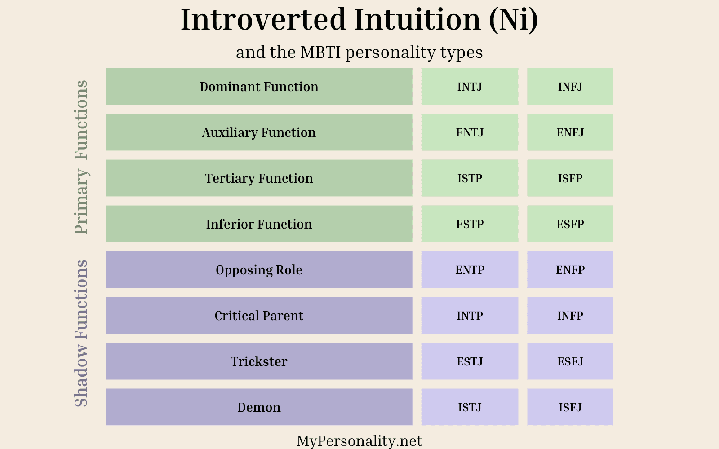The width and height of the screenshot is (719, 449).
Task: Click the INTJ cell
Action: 470,87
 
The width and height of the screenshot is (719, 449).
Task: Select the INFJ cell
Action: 570,87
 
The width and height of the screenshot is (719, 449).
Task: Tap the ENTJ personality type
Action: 470,132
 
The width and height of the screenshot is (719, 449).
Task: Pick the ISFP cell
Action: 570,178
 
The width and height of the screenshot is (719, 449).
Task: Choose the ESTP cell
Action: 470,224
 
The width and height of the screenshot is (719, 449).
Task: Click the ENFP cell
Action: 570,270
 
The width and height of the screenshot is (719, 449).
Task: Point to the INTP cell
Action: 470,316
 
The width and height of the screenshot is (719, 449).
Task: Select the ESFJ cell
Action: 570,361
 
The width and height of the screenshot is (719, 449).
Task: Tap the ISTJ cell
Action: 470,407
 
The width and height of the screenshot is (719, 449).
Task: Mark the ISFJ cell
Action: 570,407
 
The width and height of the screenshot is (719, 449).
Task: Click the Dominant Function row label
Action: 259,87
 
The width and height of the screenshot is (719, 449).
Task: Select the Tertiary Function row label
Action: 259,178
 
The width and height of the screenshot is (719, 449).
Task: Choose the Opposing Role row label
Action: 259,270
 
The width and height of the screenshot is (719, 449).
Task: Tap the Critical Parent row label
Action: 259,316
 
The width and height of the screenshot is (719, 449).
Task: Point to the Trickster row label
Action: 259,361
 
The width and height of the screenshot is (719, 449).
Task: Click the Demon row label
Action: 259,407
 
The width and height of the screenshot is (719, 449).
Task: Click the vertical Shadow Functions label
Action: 81,333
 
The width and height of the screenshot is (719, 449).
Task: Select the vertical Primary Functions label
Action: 81,157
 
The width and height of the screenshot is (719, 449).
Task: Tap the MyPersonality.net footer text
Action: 359,441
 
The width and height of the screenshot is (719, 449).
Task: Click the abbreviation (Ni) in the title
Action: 514,20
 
